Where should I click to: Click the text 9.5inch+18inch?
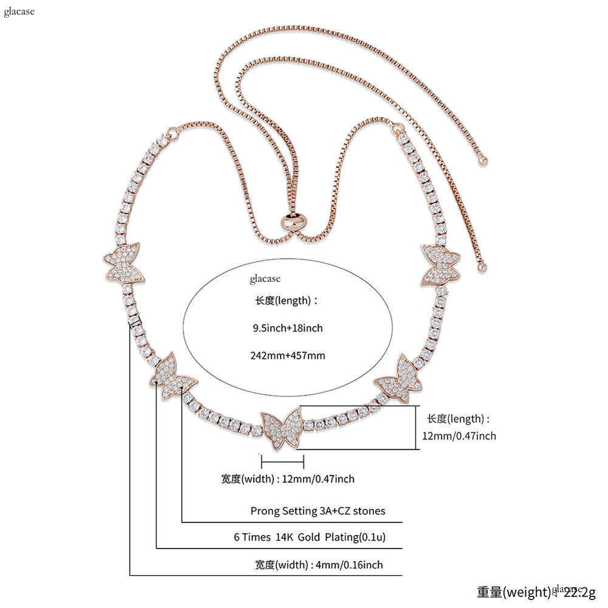[288, 328]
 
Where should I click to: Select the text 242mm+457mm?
[288, 355]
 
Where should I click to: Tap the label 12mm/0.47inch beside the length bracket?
[459, 436]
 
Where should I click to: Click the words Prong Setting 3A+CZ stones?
[317, 511]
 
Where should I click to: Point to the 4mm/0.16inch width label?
[302, 565]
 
